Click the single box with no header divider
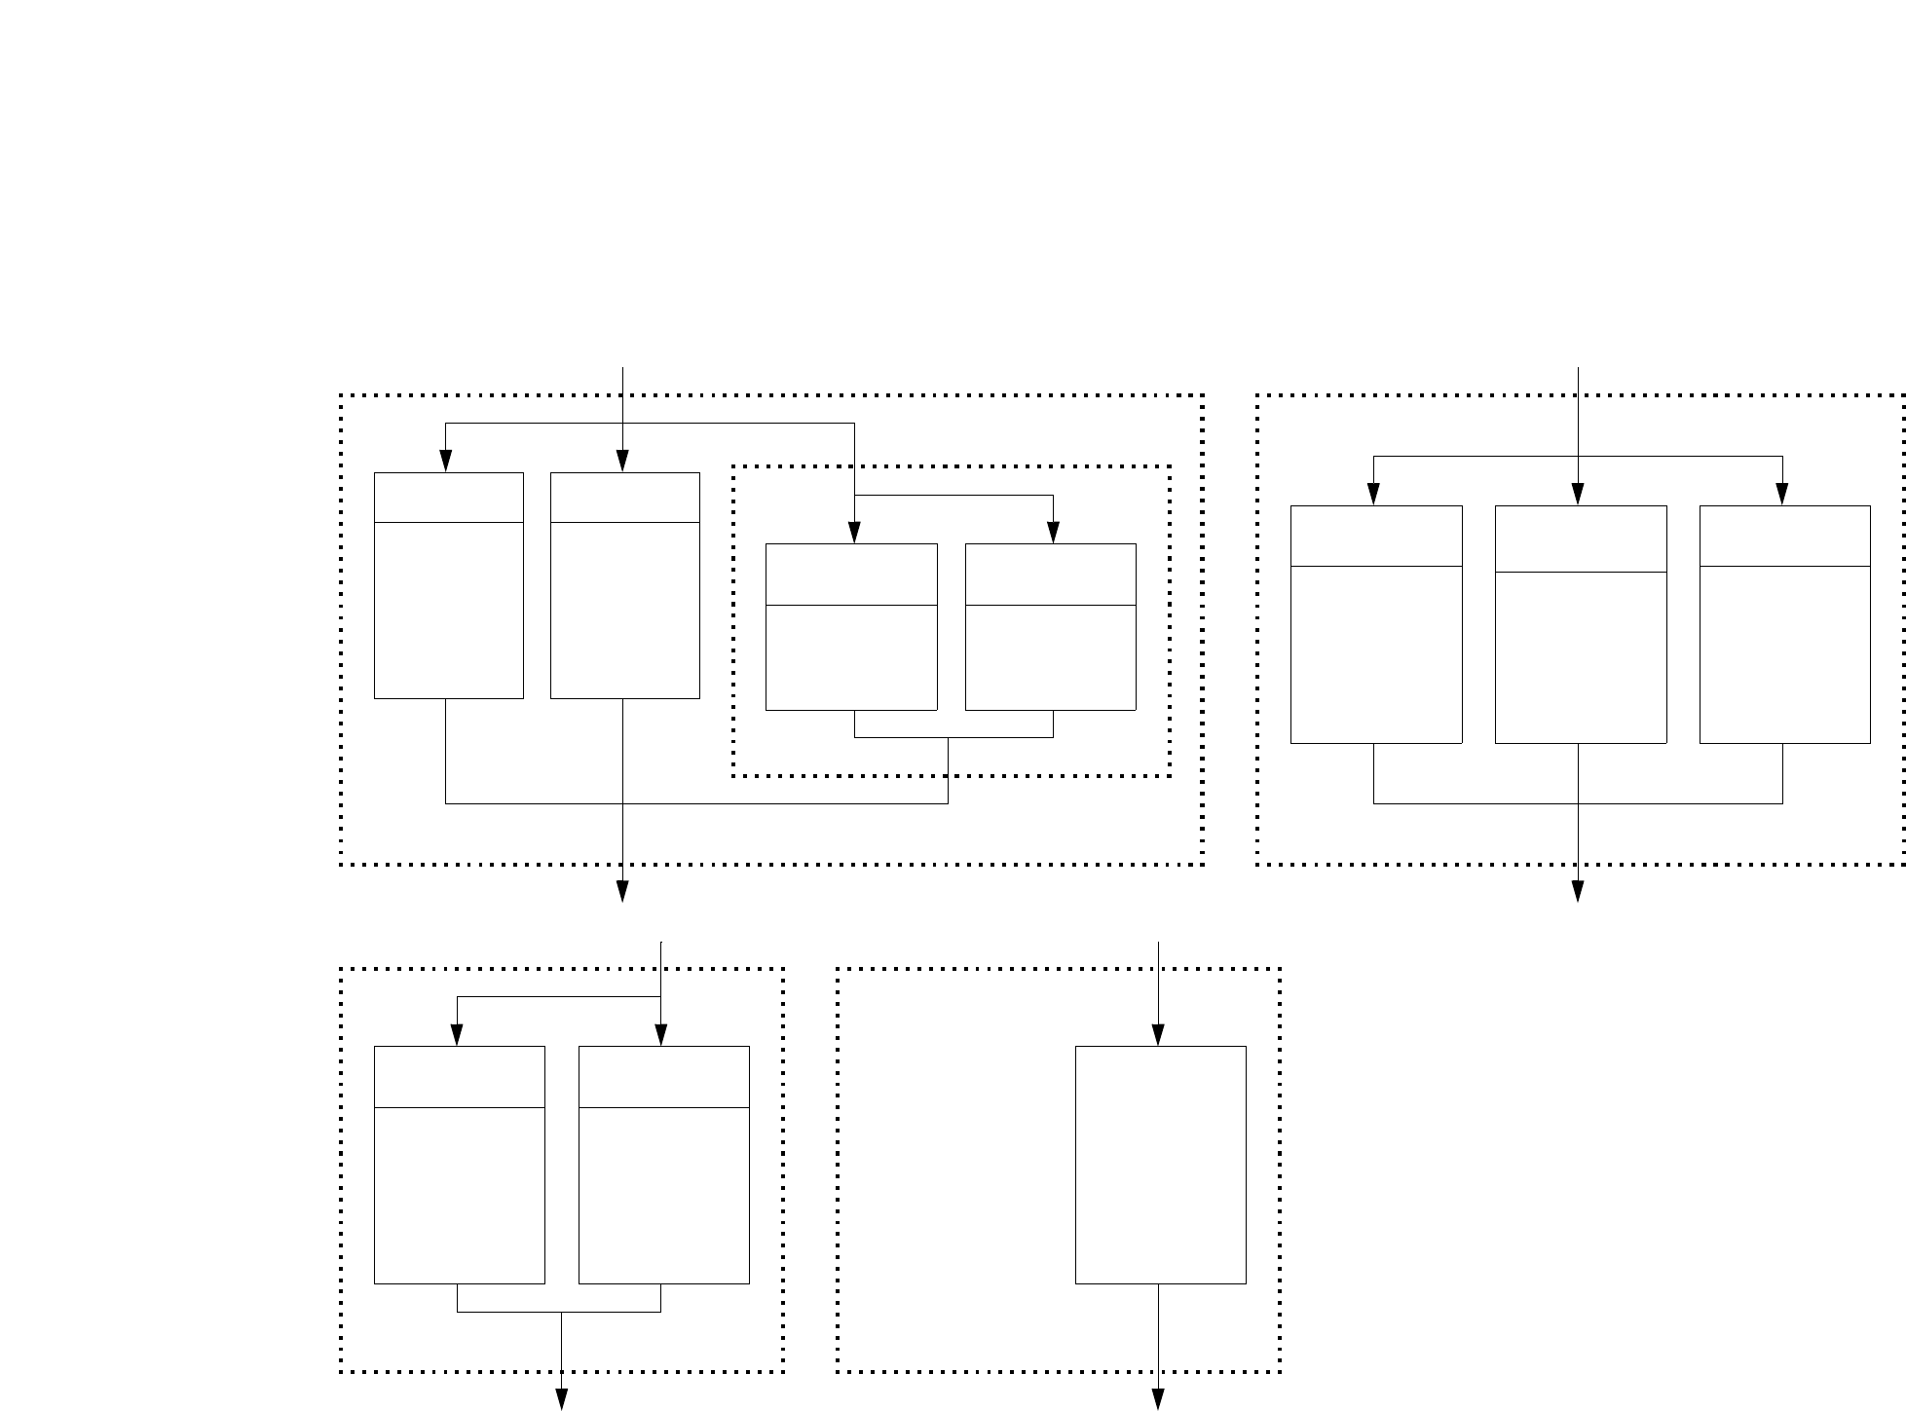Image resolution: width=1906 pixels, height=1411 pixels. [1160, 1165]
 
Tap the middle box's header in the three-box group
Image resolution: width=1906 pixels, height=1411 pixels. [1580, 538]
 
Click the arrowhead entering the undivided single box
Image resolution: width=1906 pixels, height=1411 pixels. [1158, 1036]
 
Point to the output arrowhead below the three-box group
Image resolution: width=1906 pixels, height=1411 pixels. [1577, 892]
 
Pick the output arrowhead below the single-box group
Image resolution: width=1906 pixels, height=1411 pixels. [1158, 1399]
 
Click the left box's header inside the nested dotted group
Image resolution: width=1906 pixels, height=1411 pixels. [851, 575]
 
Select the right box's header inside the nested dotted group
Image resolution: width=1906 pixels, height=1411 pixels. [1050, 575]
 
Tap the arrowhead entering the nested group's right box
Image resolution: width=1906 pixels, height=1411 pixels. [1053, 534]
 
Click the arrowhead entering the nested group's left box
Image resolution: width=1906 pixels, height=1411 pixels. [854, 534]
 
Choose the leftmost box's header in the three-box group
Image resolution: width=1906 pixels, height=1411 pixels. [1375, 536]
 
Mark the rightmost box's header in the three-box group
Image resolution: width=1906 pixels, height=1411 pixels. [1784, 536]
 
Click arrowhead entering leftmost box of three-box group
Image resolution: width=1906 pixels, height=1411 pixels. [1373, 495]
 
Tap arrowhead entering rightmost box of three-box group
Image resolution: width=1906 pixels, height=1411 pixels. [1782, 495]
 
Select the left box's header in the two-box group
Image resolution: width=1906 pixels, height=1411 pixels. [459, 1077]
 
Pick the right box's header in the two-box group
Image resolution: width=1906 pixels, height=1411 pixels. [663, 1077]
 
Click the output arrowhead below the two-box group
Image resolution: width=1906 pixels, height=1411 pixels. [561, 1399]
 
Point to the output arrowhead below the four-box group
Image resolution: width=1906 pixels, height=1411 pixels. [622, 892]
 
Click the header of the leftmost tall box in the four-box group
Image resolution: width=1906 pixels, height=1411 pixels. [449, 498]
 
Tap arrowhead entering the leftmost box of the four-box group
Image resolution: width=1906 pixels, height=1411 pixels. [446, 463]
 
